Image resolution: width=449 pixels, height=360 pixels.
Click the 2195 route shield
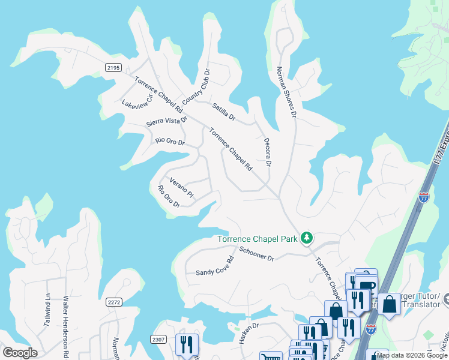coord(113,67)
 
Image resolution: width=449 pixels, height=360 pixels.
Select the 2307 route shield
coord(158,339)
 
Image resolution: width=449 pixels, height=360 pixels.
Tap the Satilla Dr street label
coord(224,111)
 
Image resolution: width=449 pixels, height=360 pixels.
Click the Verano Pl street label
coord(181,188)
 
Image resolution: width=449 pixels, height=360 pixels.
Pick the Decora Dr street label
coord(268,152)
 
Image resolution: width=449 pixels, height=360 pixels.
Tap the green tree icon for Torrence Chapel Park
coord(307,238)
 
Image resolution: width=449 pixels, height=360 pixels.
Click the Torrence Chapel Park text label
coord(258,239)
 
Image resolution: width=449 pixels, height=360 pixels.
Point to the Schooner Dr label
coord(256,254)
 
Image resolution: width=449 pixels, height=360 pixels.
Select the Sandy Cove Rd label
coord(214,268)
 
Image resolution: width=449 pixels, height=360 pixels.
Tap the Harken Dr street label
coord(248,333)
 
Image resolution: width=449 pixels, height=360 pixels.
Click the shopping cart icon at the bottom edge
coord(271,356)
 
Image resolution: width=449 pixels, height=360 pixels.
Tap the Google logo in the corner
coord(20,352)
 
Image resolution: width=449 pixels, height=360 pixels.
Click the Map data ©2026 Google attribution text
coord(412,355)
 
